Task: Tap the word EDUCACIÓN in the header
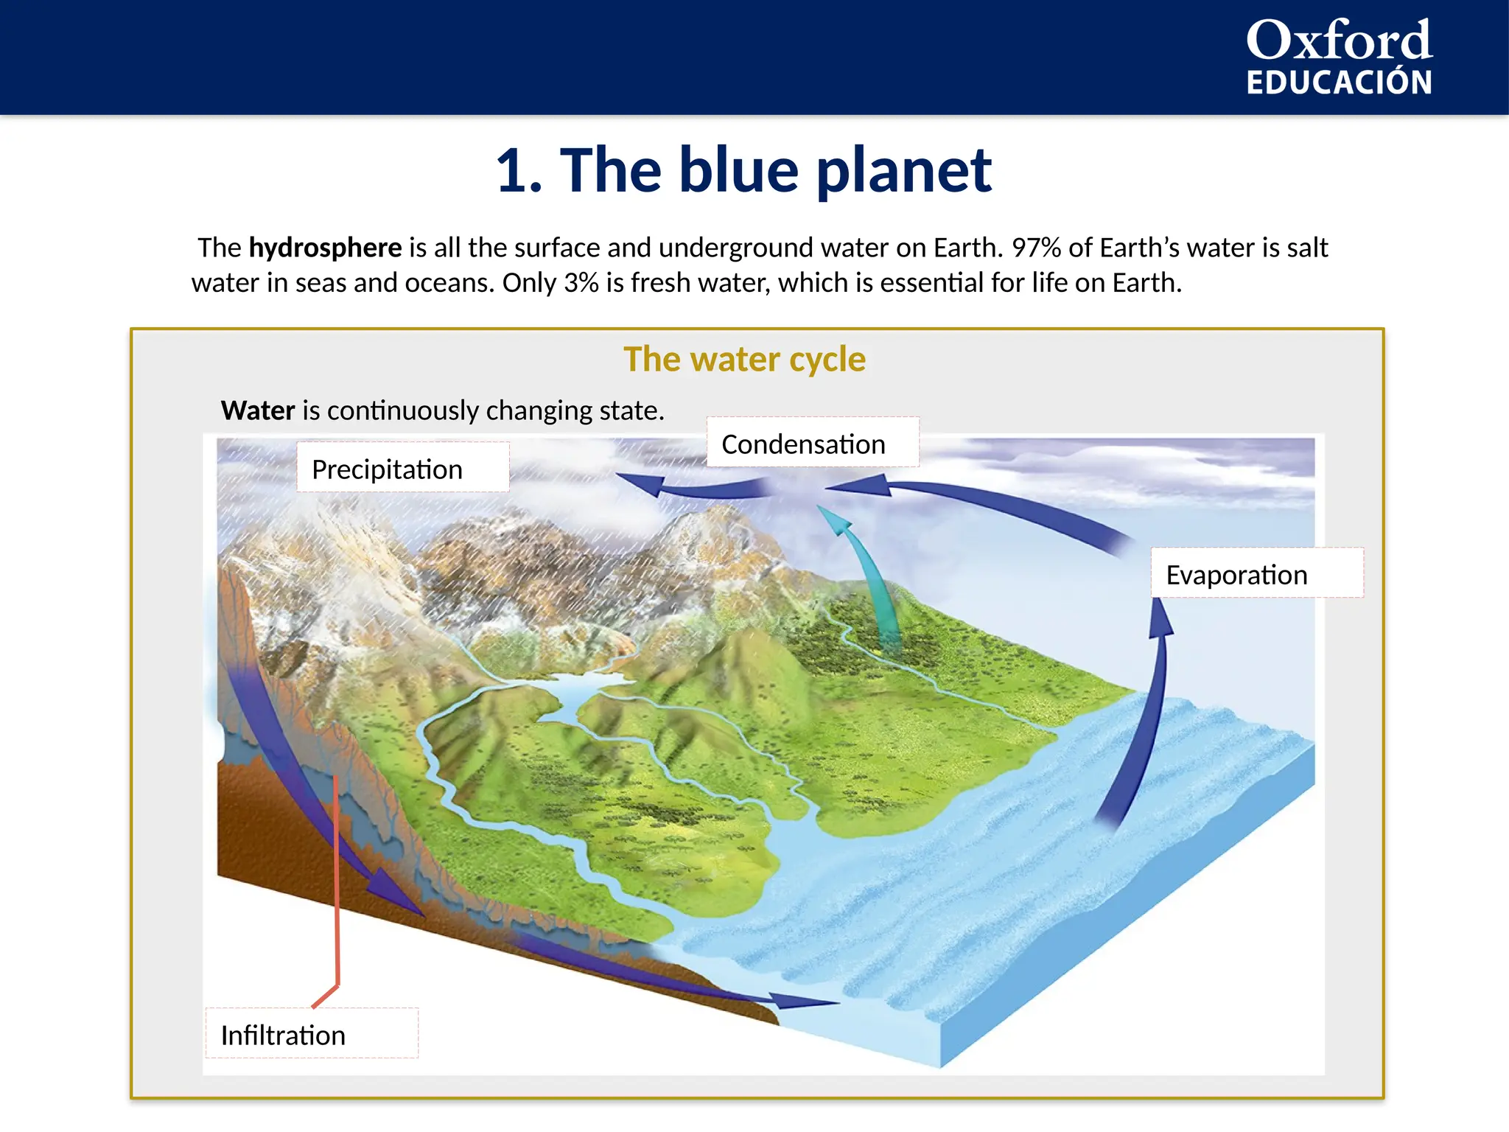click(x=1338, y=83)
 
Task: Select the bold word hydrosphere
click(x=325, y=248)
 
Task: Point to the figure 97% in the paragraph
click(x=1036, y=248)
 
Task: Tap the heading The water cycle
click(x=744, y=360)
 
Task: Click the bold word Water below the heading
click(x=258, y=410)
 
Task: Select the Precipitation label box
click(x=402, y=469)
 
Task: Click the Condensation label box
click(x=812, y=444)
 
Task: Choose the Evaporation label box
click(x=1256, y=574)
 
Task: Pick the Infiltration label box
click(x=312, y=1035)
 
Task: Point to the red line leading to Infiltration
click(x=336, y=884)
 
